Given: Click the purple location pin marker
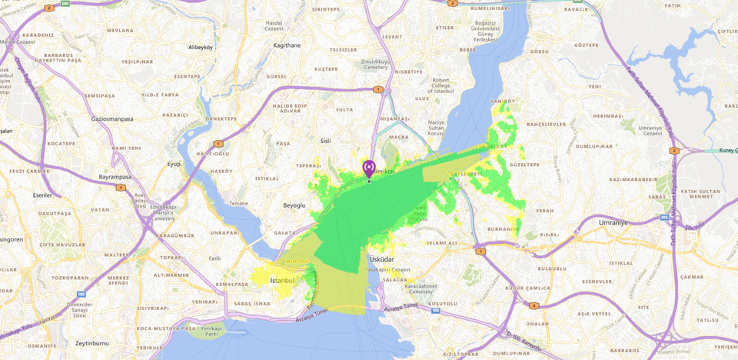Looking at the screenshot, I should [x=369, y=168].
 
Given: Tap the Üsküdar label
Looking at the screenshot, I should [x=381, y=258].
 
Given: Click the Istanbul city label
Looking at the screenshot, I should [x=282, y=281].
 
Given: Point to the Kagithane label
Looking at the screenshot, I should [x=287, y=45].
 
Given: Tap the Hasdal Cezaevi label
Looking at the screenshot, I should [x=274, y=26].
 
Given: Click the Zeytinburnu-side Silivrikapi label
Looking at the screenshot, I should [x=153, y=308].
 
